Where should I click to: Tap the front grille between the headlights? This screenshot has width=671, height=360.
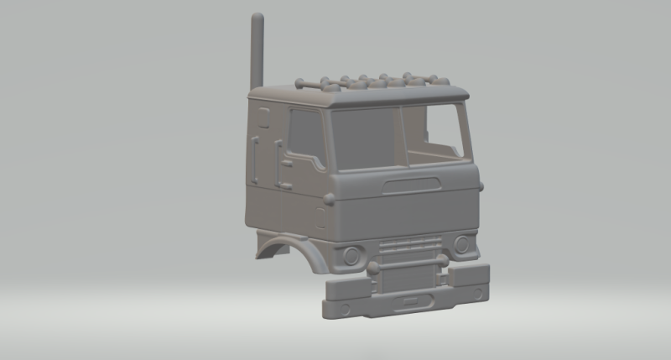tap(407, 249)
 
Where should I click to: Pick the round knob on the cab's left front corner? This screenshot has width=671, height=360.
tap(330, 199)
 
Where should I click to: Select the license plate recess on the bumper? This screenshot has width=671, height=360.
tap(413, 300)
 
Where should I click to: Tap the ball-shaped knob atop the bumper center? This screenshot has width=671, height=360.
tap(372, 269)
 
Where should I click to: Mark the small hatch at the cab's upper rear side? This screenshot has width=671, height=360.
tap(263, 113)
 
